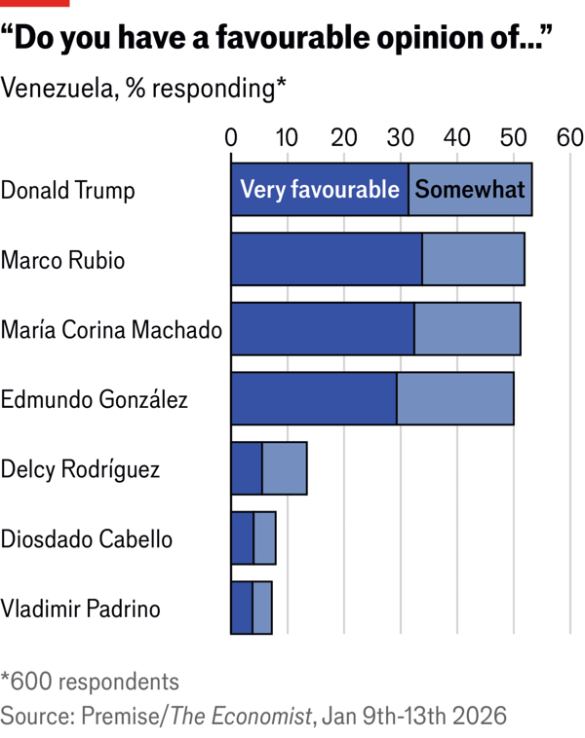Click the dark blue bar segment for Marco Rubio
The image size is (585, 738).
326,259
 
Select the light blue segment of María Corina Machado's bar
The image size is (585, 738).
467,328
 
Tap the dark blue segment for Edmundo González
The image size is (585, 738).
313,398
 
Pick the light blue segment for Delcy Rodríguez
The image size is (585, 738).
285,468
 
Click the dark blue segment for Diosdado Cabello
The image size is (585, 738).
242,538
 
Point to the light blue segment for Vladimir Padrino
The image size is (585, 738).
262,609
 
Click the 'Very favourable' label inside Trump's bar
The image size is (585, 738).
320,190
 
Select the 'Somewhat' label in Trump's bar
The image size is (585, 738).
470,190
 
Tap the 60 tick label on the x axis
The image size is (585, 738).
568,138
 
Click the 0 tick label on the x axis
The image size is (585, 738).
231,138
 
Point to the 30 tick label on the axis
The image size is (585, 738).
400,138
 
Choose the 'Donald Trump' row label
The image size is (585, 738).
67,190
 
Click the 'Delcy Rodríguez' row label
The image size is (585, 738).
80,469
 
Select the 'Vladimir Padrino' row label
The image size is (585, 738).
80,609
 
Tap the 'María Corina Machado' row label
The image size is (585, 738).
111,329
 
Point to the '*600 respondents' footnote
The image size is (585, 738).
90,681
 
